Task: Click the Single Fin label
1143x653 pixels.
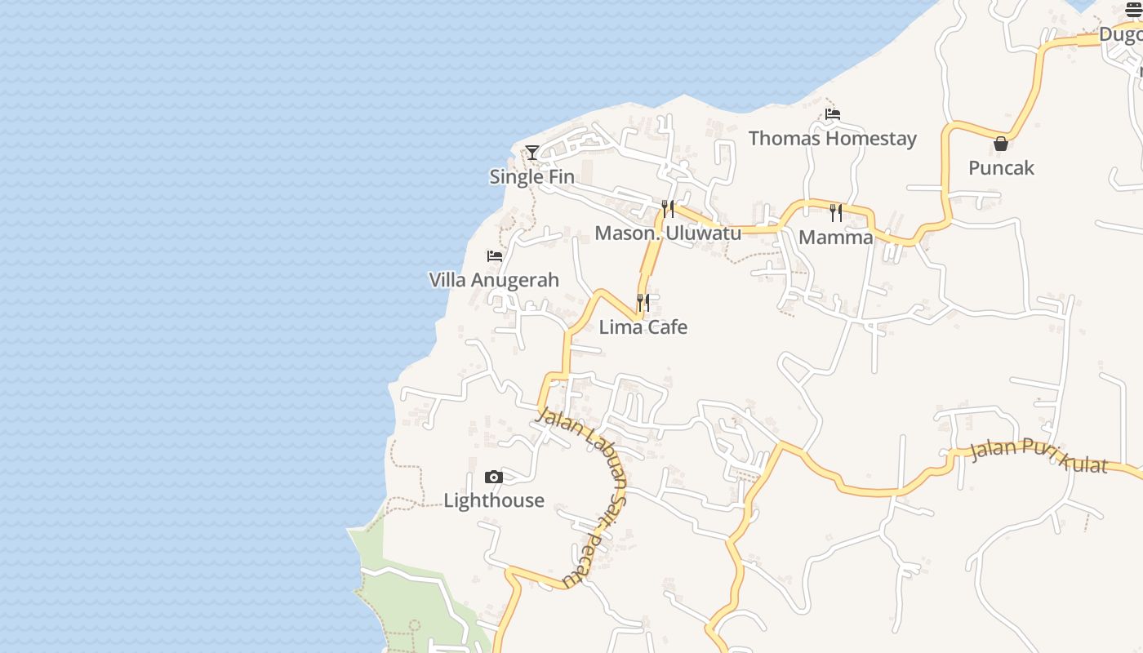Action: [x=531, y=176]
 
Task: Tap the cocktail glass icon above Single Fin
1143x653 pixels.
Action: [x=532, y=152]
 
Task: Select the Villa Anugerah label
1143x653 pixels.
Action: [x=494, y=280]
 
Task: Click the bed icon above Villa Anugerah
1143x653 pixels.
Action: [x=494, y=256]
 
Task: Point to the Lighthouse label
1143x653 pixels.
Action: [x=493, y=500]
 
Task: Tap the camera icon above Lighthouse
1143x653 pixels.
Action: [x=493, y=477]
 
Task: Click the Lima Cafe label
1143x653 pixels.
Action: [x=643, y=327]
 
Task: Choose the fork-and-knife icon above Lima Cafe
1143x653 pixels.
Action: [x=643, y=303]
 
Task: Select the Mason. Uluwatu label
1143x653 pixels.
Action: [x=668, y=233]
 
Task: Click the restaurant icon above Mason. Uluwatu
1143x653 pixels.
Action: [x=668, y=209]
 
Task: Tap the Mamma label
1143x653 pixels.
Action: [x=835, y=238]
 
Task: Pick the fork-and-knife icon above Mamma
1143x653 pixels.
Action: [x=835, y=213]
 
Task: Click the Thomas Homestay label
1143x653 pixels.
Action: [x=832, y=139]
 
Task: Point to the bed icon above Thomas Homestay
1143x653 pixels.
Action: [x=832, y=114]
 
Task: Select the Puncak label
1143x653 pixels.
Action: [x=1001, y=168]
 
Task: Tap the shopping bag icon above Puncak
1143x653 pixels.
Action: [x=1001, y=144]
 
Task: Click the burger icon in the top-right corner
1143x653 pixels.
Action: [x=1134, y=9]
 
